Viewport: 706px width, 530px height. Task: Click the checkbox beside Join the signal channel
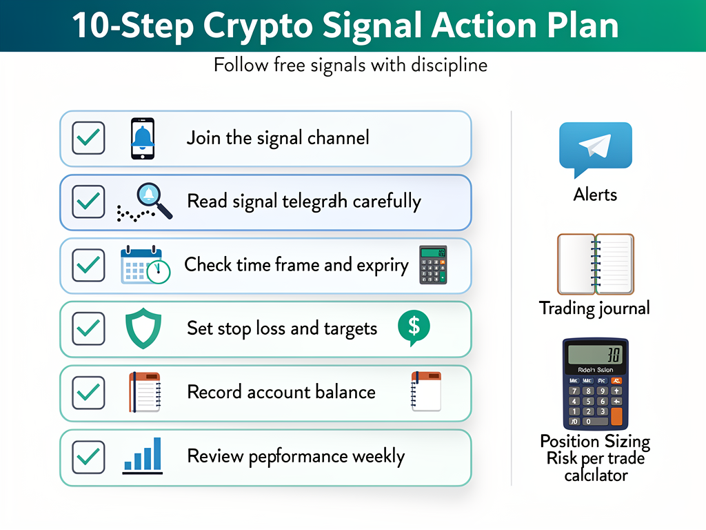click(88, 138)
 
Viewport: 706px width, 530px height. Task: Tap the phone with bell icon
click(143, 139)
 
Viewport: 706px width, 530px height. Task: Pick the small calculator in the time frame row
click(433, 265)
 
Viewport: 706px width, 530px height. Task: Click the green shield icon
click(143, 328)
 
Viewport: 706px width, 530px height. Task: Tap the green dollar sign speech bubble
click(414, 326)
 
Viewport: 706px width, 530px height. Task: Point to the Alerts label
click(595, 195)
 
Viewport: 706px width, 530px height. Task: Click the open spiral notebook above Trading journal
click(595, 264)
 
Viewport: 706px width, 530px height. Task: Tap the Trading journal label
click(594, 308)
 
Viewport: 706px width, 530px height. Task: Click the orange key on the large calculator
click(616, 416)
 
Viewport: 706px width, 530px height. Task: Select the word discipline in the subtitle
click(449, 66)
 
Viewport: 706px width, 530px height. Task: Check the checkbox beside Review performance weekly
click(88, 457)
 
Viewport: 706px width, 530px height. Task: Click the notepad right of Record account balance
click(425, 392)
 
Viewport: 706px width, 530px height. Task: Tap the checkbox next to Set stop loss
click(88, 328)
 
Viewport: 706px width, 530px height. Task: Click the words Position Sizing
click(595, 442)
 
